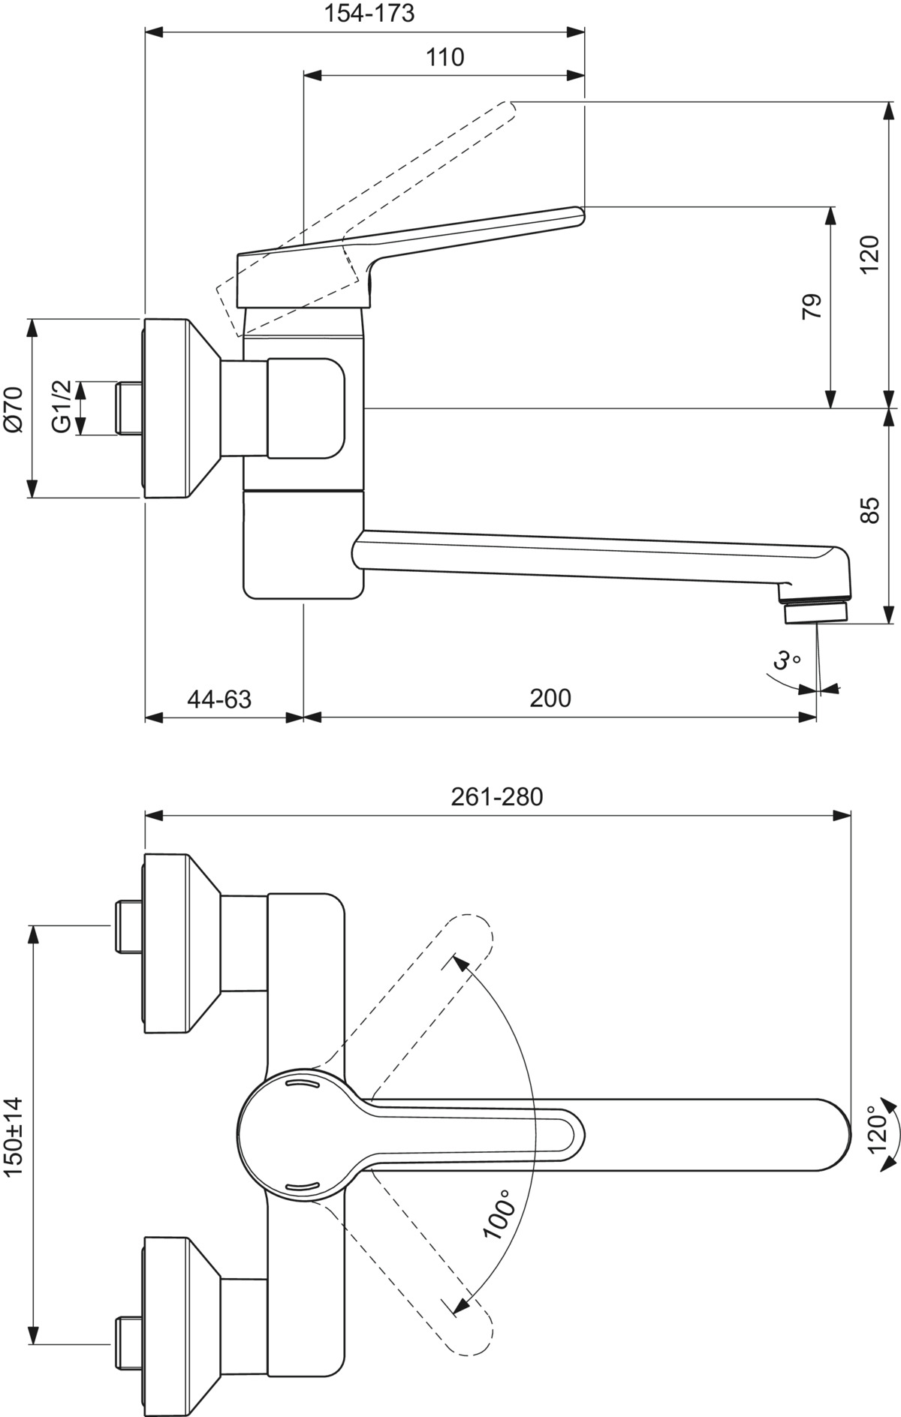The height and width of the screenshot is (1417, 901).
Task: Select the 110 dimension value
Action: pyautogui.click(x=445, y=57)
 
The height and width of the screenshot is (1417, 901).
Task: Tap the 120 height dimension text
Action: pyautogui.click(x=869, y=255)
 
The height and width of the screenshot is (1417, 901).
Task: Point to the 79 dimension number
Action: pyautogui.click(x=812, y=307)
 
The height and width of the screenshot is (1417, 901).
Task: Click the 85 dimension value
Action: pyautogui.click(x=869, y=510)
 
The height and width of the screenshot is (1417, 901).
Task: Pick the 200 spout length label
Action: pyautogui.click(x=550, y=698)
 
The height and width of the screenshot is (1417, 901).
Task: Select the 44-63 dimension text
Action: pyautogui.click(x=219, y=699)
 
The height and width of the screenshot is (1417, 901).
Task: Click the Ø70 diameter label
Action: pyautogui.click(x=14, y=409)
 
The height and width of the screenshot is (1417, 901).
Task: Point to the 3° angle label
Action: pyautogui.click(x=786, y=660)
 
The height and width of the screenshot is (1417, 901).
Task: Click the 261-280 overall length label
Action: pyautogui.click(x=496, y=796)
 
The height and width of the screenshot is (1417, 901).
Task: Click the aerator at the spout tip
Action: pyautogui.click(x=815, y=612)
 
